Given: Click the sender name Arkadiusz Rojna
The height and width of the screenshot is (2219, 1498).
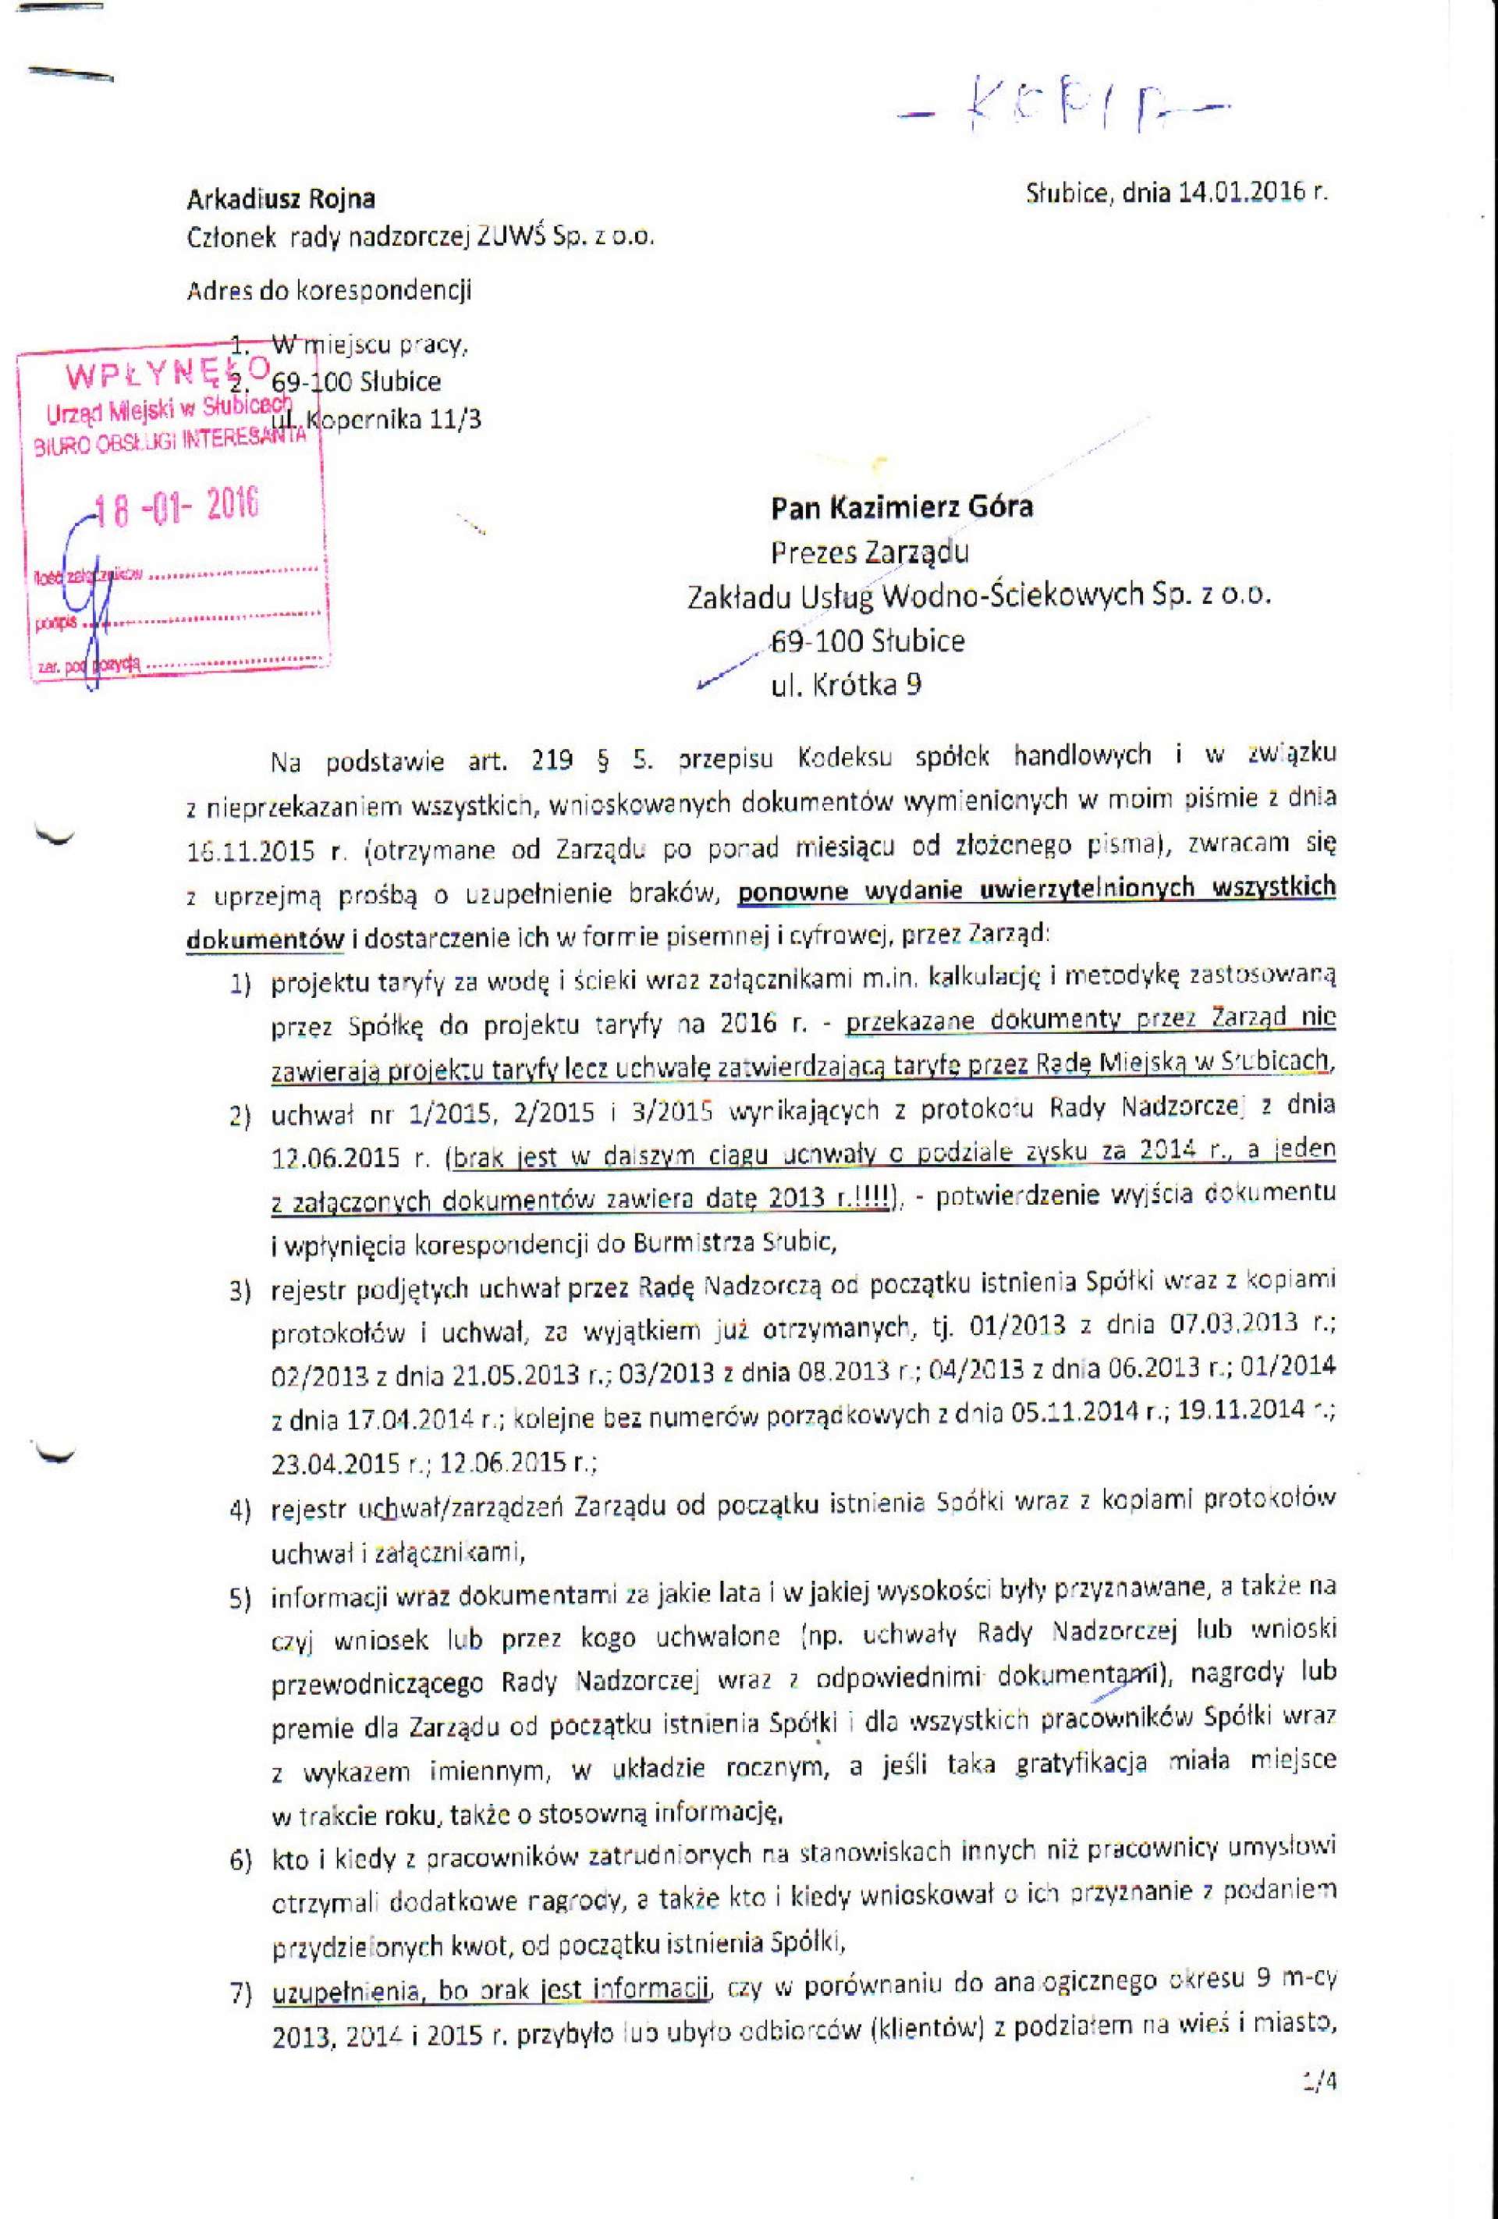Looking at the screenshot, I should (x=281, y=200).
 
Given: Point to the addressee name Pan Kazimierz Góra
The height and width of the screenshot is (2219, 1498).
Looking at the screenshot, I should (x=901, y=506).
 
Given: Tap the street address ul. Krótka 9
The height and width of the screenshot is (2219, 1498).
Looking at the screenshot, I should (x=846, y=684).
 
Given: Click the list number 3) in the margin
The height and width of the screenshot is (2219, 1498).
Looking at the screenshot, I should (x=240, y=1292).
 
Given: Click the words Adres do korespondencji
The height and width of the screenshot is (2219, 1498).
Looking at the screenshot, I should (x=328, y=290).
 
